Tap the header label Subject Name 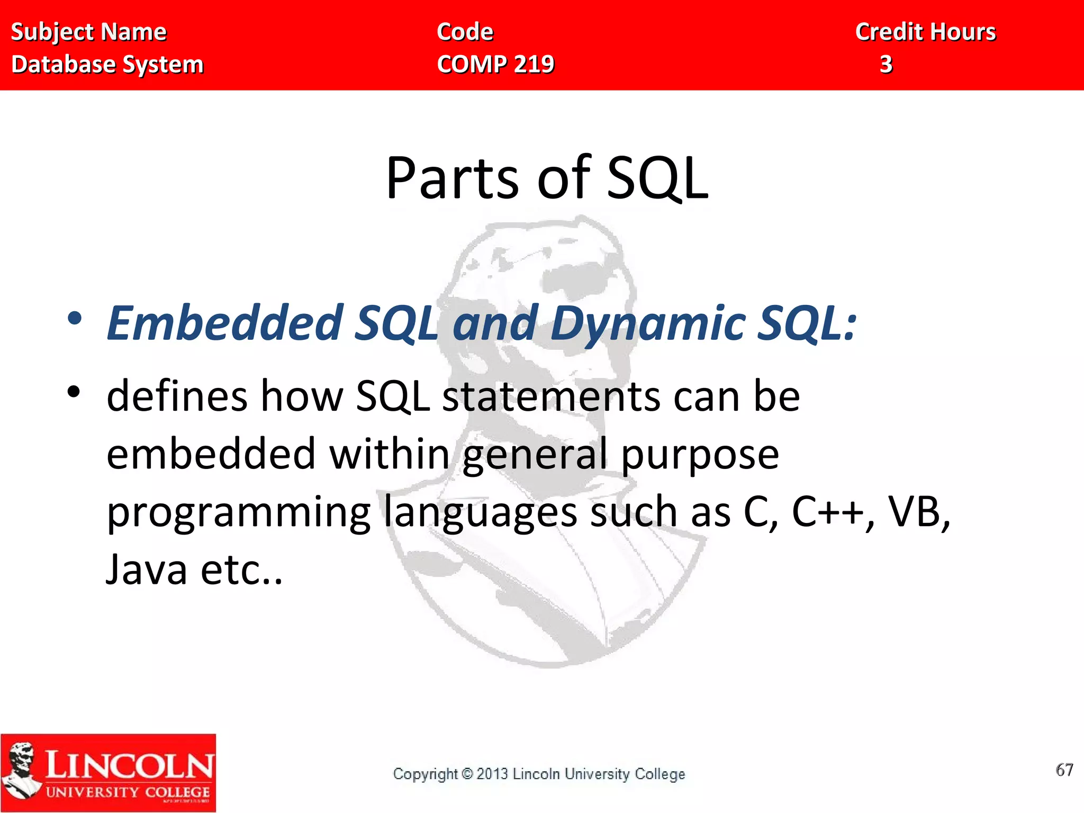[89, 32]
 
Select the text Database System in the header [107, 65]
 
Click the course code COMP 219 [495, 65]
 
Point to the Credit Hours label [925, 32]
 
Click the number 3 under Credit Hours [886, 65]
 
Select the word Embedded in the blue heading [225, 323]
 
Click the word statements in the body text [551, 397]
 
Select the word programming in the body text [238, 513]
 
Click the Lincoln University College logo [108, 772]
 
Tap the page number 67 [1064, 770]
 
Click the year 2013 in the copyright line [492, 774]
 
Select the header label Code [465, 32]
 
